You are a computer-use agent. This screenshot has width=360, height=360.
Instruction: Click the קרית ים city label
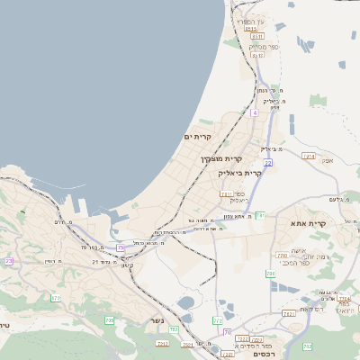197,137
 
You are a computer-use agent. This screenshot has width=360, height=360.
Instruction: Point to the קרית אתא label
307,222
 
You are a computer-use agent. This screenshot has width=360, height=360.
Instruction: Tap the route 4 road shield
255,113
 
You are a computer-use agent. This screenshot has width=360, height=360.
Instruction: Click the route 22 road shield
268,162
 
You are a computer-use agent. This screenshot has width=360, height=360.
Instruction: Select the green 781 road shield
260,215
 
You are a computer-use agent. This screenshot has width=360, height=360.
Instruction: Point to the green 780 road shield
270,273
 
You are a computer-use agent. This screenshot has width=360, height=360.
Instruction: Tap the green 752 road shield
174,331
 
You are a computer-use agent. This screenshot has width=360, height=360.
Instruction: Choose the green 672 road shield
56,297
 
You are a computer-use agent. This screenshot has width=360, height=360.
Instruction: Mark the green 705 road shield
110,319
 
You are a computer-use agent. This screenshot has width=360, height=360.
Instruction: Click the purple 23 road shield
9,261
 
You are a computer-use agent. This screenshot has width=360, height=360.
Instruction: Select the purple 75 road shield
121,247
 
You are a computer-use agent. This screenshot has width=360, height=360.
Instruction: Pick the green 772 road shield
217,319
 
